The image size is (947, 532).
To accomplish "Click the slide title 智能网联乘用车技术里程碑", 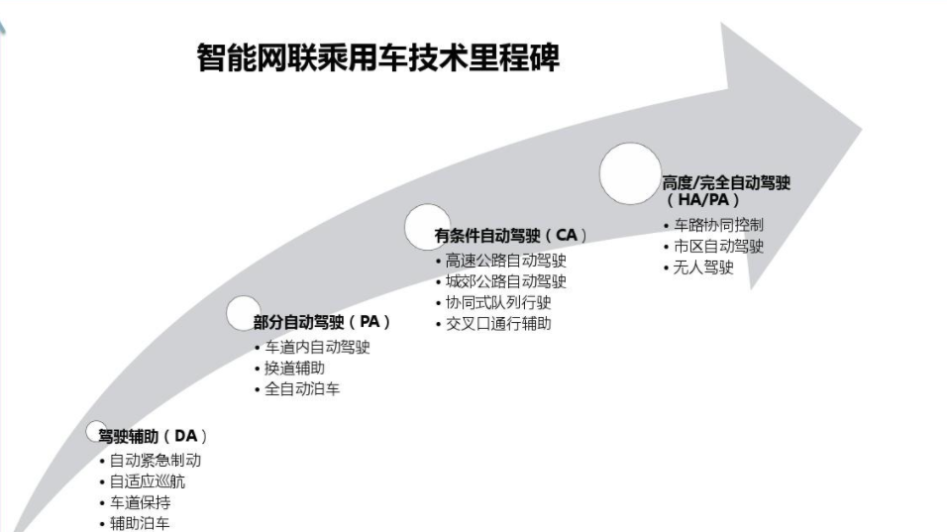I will tap(378, 56).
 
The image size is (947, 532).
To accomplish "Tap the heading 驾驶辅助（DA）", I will tap(153, 436).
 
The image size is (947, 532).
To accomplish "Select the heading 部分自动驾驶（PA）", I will tap(322, 322).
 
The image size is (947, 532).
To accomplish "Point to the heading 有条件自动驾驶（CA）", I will tap(510, 236).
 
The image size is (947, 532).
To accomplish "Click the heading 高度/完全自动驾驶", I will tap(726, 183).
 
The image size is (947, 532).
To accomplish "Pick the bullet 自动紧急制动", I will tap(155, 461).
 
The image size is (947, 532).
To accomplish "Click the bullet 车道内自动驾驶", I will tap(316, 348).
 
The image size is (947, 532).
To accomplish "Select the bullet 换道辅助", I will tap(294, 369).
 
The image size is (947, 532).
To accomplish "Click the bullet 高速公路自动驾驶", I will tap(505, 261).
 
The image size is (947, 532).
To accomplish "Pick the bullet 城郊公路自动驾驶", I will tap(505, 281).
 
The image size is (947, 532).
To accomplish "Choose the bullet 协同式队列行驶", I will tap(498, 302).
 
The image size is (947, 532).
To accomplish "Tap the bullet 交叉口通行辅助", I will tap(498, 323).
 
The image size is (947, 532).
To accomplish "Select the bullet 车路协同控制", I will tap(718, 226).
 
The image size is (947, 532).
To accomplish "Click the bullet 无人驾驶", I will tap(703, 267).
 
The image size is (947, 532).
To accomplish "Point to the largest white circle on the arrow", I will tap(630, 173).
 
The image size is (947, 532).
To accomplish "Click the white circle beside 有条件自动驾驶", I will tap(428, 226).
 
